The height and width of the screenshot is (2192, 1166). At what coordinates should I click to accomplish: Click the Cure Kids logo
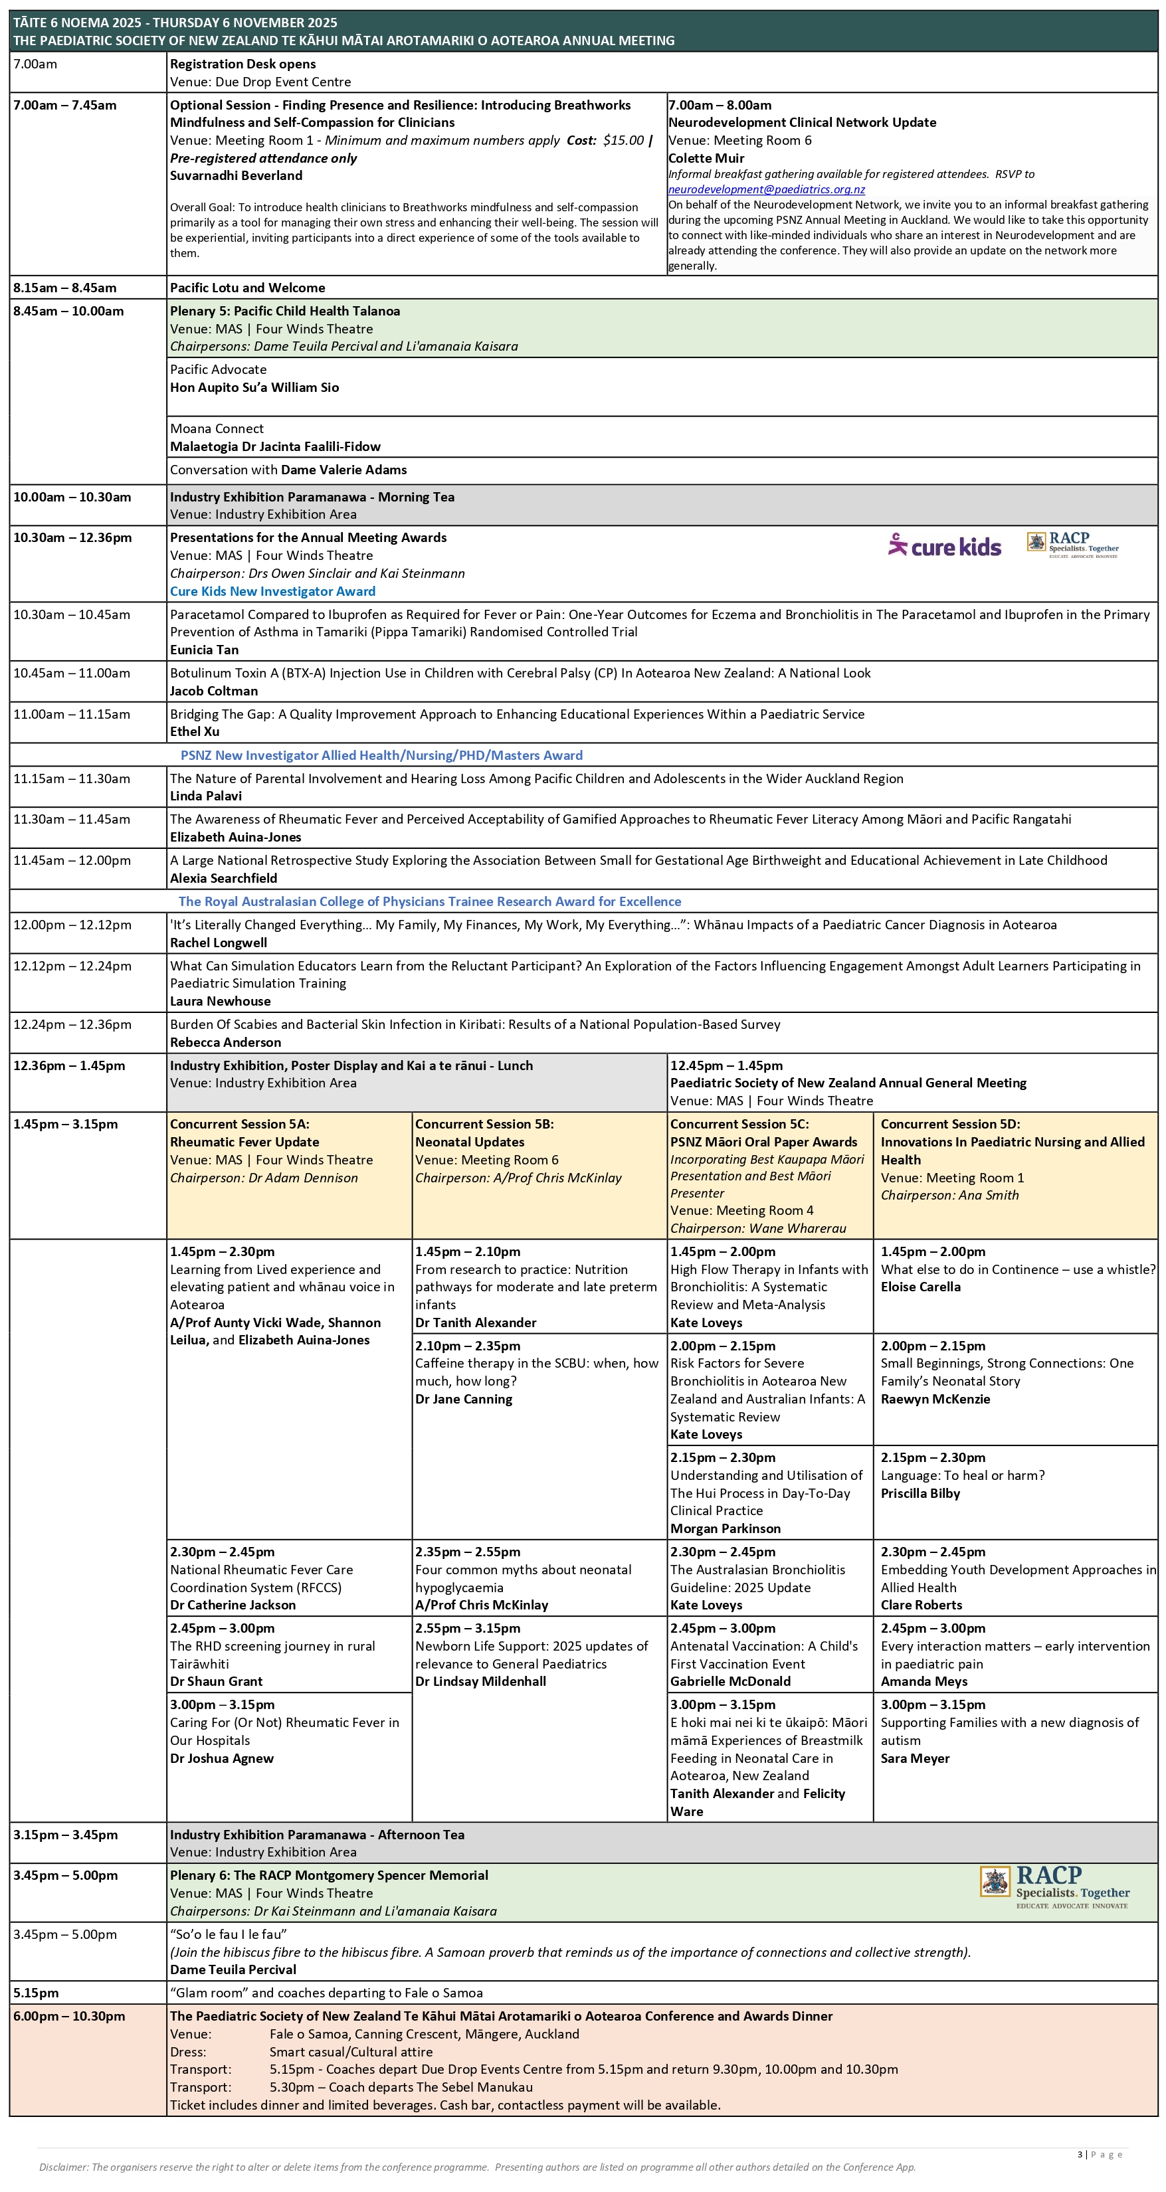pyautogui.click(x=945, y=546)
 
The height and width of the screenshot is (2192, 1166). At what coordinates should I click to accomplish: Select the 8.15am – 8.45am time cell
pyautogui.click(x=64, y=288)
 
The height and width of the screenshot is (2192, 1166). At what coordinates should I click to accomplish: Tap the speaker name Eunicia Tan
pyautogui.click(x=204, y=649)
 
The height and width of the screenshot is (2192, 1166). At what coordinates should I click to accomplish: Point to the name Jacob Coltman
pyautogui.click(x=214, y=691)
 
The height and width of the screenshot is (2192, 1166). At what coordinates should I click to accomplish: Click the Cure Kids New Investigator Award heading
pyautogui.click(x=272, y=591)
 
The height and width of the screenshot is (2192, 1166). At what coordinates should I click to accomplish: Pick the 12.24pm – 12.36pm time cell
pyautogui.click(x=72, y=1024)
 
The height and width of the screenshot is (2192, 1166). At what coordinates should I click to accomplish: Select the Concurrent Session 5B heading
pyautogui.click(x=484, y=1124)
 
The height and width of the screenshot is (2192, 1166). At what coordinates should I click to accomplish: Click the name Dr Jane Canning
pyautogui.click(x=464, y=1399)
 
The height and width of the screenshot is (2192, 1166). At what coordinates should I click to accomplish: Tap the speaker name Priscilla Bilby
pyautogui.click(x=920, y=1493)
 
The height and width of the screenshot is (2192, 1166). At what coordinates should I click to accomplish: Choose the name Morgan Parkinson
pyautogui.click(x=725, y=1528)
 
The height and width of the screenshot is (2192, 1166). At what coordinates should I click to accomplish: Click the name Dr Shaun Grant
pyautogui.click(x=216, y=1681)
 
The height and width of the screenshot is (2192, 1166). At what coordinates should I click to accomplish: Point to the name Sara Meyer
pyautogui.click(x=915, y=1758)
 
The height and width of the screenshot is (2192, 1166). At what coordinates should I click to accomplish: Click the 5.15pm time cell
pyautogui.click(x=35, y=1993)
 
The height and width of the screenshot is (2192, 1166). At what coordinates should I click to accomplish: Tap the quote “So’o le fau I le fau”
pyautogui.click(x=228, y=1934)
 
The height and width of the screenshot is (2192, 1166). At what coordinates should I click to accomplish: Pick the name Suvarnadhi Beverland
pyautogui.click(x=236, y=175)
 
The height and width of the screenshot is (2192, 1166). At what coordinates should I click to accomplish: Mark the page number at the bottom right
pyautogui.click(x=1081, y=2155)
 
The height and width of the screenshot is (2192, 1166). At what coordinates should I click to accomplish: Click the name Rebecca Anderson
pyautogui.click(x=225, y=1042)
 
